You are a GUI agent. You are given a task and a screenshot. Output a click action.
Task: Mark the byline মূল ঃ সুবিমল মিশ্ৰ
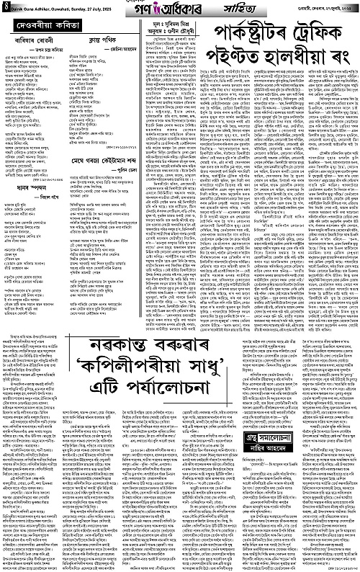pyautogui.click(x=188, y=27)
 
